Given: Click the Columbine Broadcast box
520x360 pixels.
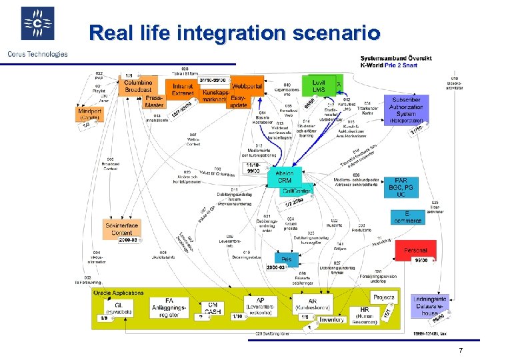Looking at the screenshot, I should click(x=137, y=85).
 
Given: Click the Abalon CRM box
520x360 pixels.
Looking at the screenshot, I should click(x=284, y=177).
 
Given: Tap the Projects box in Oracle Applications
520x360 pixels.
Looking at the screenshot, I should click(x=383, y=297).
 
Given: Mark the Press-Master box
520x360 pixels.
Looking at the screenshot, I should click(x=154, y=101).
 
